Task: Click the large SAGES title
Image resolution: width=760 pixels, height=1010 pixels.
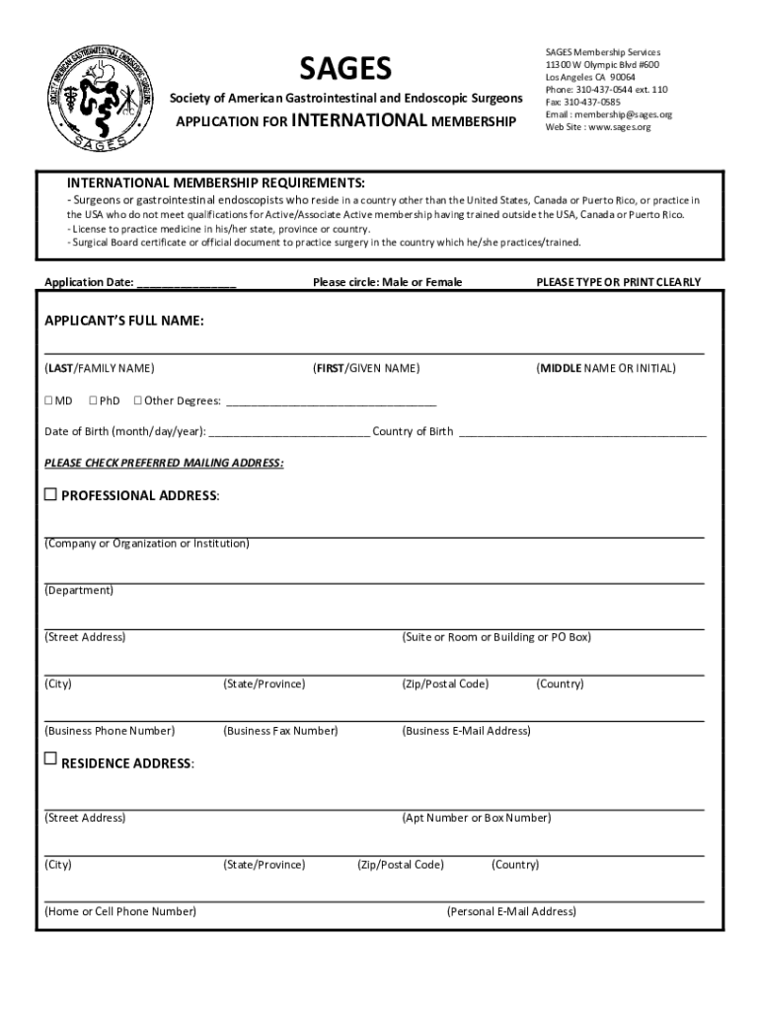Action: pyautogui.click(x=345, y=68)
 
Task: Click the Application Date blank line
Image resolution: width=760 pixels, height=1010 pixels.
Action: pyautogui.click(x=187, y=283)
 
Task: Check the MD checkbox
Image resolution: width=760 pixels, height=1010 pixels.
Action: pyautogui.click(x=48, y=400)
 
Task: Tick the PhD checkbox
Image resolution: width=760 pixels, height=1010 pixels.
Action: pyautogui.click(x=93, y=400)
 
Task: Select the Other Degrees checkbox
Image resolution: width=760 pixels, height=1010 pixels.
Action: pyautogui.click(x=137, y=400)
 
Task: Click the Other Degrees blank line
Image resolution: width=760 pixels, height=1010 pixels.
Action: pyautogui.click(x=332, y=402)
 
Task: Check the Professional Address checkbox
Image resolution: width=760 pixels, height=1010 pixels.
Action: pyautogui.click(x=50, y=494)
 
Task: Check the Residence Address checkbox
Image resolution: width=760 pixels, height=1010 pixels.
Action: pyautogui.click(x=50, y=758)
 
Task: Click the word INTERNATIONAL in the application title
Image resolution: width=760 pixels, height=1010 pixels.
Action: pyautogui.click(x=360, y=121)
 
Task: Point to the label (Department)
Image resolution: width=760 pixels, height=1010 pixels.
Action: pyautogui.click(x=79, y=590)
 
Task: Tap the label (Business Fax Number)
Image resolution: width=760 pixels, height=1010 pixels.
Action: pyautogui.click(x=280, y=731)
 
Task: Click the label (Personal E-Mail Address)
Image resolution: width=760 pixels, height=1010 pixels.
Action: pyautogui.click(x=511, y=911)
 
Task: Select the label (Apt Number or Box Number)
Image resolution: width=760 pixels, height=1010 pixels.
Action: pyautogui.click(x=476, y=818)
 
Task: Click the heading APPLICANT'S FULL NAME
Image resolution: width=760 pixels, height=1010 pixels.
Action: pyautogui.click(x=124, y=322)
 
